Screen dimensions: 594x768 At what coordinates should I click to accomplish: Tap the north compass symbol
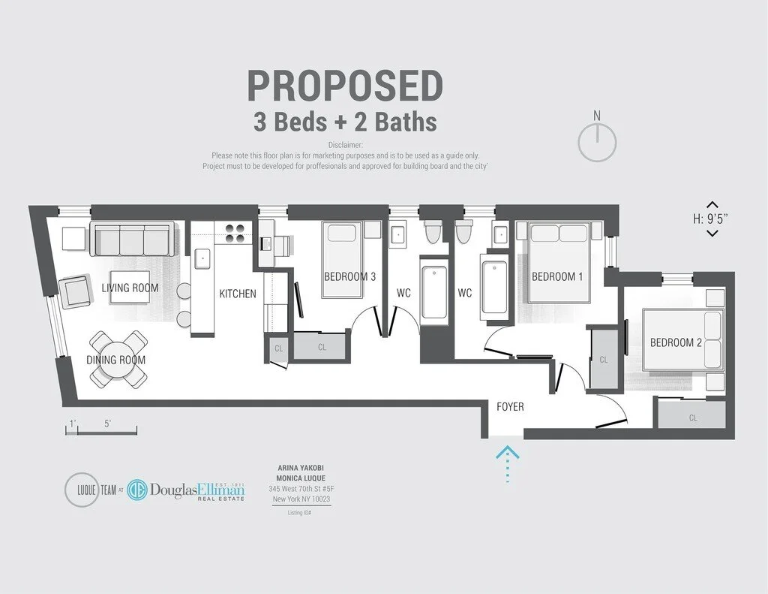coord(597,140)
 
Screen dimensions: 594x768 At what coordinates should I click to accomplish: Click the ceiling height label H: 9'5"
coord(712,219)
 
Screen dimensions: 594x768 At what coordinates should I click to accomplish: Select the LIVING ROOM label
coord(130,288)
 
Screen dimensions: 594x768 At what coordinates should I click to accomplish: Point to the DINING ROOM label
coord(116,360)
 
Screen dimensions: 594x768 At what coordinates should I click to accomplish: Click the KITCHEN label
coord(238,294)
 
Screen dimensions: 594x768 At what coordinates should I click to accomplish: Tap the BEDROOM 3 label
coord(349,276)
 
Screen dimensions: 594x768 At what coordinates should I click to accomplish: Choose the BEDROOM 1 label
coord(557,276)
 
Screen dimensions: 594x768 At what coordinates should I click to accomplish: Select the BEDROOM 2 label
coord(676,342)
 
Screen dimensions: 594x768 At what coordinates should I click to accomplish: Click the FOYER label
coord(510,407)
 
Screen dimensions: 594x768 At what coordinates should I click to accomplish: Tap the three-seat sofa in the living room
coord(132,239)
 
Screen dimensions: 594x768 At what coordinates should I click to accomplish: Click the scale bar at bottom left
coord(100,430)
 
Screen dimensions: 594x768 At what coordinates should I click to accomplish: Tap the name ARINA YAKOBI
coord(300,469)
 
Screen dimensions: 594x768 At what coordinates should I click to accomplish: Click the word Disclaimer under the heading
coord(345,144)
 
